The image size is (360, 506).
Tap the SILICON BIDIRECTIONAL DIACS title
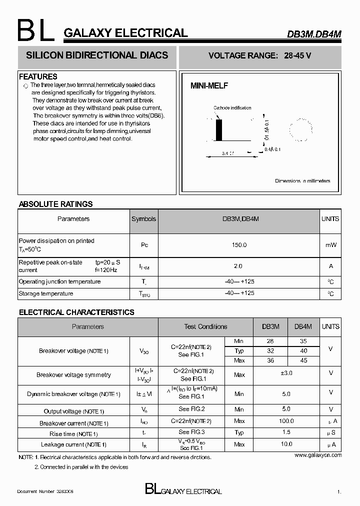(97, 55)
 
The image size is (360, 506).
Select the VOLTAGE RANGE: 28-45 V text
(259, 56)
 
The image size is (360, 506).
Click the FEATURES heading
(38, 76)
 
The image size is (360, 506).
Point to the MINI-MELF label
(209, 86)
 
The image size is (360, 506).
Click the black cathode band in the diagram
(218, 131)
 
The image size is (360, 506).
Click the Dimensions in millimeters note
(302, 181)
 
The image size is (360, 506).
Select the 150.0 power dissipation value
(239, 245)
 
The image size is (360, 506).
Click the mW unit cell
(330, 245)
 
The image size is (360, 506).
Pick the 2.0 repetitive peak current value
(238, 266)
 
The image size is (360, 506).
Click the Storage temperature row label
(46, 293)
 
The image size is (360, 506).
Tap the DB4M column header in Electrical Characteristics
(303, 326)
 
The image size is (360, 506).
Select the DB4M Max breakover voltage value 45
(303, 360)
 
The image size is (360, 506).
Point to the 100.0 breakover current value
(286, 421)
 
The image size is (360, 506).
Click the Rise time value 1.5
(286, 432)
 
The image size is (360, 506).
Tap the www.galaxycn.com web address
(318, 455)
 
